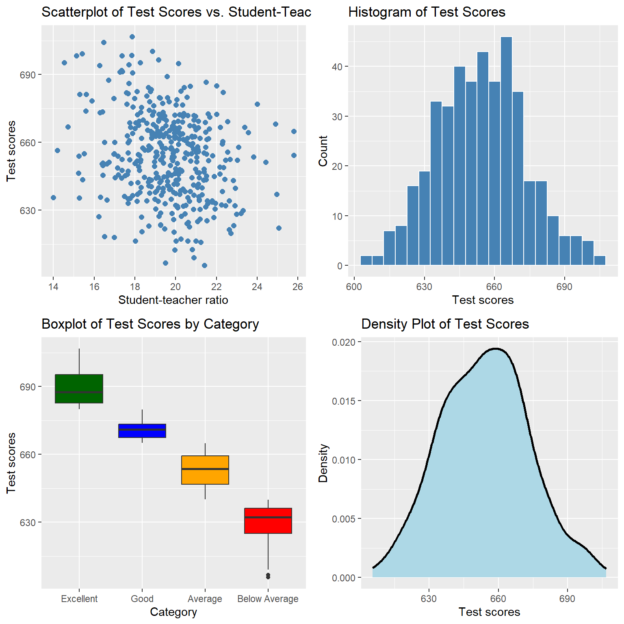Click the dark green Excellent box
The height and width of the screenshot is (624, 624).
pos(79,388)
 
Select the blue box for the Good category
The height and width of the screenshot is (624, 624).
pos(142,431)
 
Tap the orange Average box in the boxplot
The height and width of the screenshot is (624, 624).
pos(205,470)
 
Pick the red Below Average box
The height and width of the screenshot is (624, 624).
pos(268,520)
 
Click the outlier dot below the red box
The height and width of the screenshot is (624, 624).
pos(268,576)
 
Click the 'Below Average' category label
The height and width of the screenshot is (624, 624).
pos(268,599)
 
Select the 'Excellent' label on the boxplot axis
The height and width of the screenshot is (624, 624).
pos(79,599)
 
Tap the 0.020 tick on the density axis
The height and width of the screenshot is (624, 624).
pos(344,342)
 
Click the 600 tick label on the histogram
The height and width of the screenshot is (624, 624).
pos(354,287)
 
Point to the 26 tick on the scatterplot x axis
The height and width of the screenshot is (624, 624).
pos(298,287)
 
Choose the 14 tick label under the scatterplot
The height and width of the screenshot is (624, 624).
pos(53,287)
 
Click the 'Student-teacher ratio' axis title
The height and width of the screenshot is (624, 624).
pos(173,300)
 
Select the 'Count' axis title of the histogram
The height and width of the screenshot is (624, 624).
pos(323,151)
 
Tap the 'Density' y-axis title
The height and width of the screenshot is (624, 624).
pos(323,463)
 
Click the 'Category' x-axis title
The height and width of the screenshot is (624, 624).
pos(173,612)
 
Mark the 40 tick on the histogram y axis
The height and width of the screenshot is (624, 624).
pos(337,67)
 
